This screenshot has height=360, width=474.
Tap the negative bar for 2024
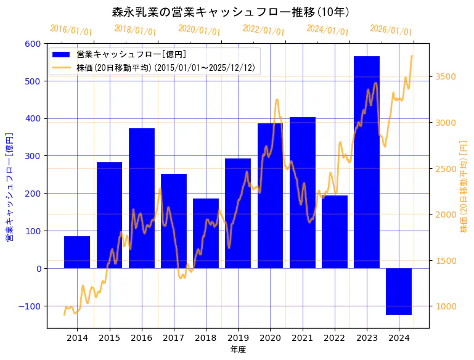(x=399, y=291)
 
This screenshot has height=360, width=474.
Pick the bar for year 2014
(x=77, y=252)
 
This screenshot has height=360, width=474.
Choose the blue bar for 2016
(x=141, y=198)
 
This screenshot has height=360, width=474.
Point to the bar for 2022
(x=335, y=232)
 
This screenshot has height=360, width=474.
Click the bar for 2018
(x=206, y=233)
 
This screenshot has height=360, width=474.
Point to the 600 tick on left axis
(x=33, y=44)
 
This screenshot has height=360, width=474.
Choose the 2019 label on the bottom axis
(x=238, y=337)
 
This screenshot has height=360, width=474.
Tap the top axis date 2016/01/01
(x=71, y=30)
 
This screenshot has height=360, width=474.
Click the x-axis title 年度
(x=238, y=349)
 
